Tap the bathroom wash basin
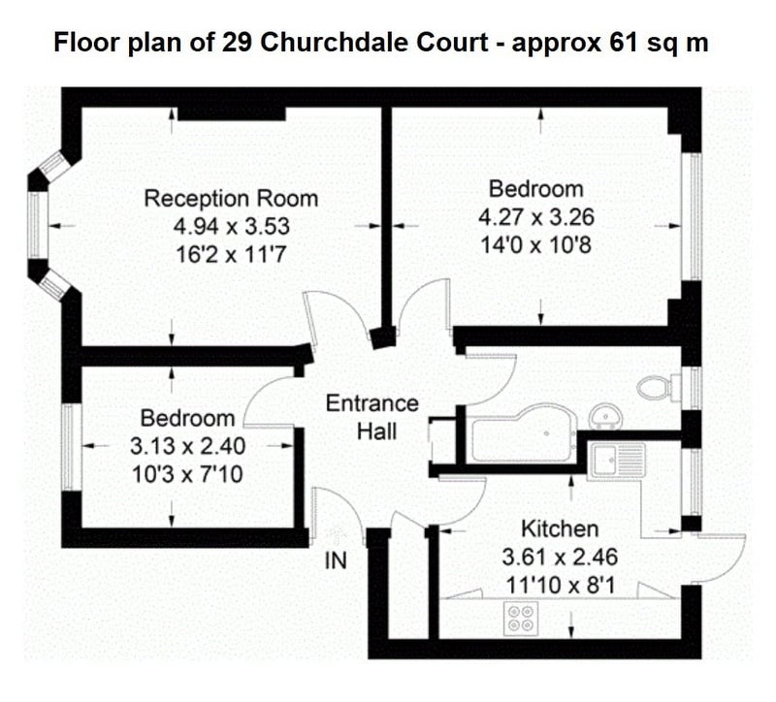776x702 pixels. (x=605, y=417)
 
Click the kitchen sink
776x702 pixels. (x=617, y=461)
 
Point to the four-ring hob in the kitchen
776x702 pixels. (x=521, y=619)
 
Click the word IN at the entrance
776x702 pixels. (x=336, y=561)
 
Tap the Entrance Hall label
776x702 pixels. (x=372, y=417)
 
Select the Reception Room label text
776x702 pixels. (x=231, y=199)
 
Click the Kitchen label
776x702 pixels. (x=560, y=528)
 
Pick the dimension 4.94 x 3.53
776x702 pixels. (x=231, y=227)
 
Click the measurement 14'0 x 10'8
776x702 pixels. (x=536, y=245)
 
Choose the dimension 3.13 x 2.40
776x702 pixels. (x=187, y=446)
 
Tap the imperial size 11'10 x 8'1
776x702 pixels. (x=560, y=586)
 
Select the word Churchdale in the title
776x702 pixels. (x=332, y=43)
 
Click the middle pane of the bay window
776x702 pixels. (x=34, y=225)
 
